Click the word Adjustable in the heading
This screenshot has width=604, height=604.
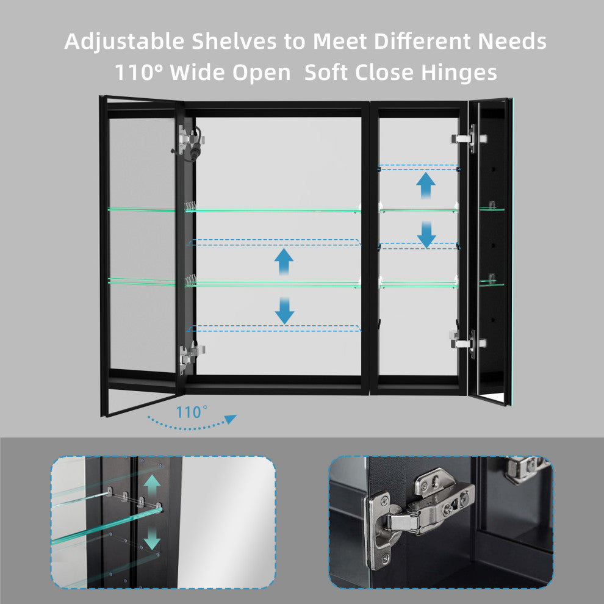click(124, 42)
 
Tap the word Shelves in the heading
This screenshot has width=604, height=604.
click(234, 41)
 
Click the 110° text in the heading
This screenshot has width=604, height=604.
click(138, 72)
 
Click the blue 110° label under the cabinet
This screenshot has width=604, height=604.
click(192, 412)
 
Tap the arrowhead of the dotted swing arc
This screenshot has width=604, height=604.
click(231, 419)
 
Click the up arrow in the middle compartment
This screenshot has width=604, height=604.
click(284, 262)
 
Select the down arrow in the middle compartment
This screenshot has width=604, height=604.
click(284, 311)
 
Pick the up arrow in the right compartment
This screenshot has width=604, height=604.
click(426, 185)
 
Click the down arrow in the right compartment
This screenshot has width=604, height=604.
click(426, 235)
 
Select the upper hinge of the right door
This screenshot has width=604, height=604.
click(469, 138)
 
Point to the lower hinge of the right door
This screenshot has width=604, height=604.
click(469, 343)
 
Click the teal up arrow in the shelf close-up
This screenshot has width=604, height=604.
click(152, 486)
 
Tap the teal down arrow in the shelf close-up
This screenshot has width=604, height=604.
click(152, 538)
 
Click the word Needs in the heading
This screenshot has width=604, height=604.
click(512, 41)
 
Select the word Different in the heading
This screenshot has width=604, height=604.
click(422, 41)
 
